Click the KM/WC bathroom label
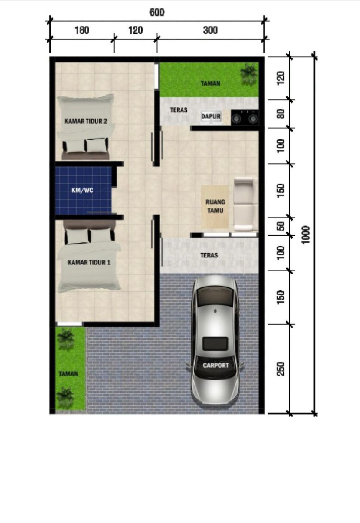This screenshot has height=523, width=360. (x=82, y=190)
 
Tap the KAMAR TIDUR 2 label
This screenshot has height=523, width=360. (x=86, y=121)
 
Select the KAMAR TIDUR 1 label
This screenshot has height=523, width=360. (x=89, y=262)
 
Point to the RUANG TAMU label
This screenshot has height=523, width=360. (x=215, y=206)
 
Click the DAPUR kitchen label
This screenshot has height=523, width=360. (x=211, y=116)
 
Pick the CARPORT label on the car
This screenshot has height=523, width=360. (x=216, y=365)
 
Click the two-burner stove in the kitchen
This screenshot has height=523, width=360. (x=245, y=117)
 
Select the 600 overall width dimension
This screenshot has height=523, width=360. (x=157, y=12)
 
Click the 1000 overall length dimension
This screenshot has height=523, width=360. (x=306, y=235)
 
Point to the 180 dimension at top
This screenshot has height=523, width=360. (x=82, y=30)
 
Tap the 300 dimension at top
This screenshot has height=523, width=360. (x=210, y=30)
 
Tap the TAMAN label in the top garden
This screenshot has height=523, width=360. (x=211, y=83)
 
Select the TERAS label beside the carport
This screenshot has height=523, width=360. (x=209, y=255)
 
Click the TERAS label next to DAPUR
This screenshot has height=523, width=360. (x=179, y=110)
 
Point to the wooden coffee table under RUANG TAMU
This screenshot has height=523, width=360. (x=215, y=206)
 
